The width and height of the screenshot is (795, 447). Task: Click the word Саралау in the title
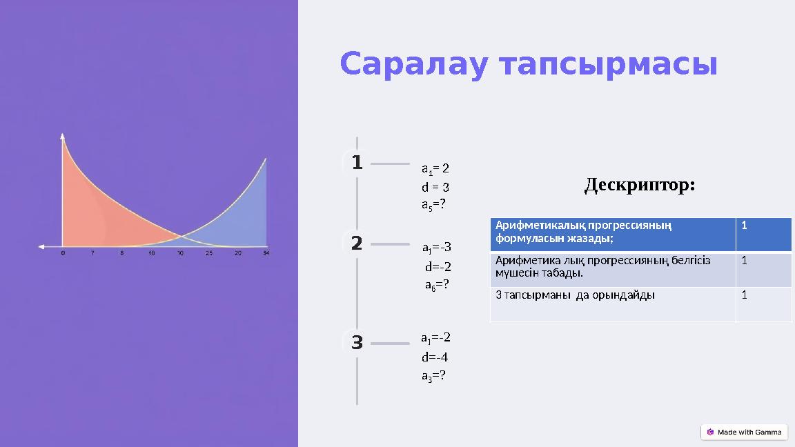414,65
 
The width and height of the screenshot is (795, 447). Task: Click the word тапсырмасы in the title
608,66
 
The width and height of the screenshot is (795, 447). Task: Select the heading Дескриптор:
639,185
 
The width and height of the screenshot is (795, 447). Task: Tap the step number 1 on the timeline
356,163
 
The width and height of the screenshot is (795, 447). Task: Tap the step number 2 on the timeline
356,244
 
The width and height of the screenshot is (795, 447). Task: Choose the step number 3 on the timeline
356,342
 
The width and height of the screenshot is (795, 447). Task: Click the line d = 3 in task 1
435,187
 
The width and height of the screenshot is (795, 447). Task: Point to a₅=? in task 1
433,205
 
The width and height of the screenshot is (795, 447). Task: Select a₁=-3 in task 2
436,247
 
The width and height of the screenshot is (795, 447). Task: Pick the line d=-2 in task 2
438,266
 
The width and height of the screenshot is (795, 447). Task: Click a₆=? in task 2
437,284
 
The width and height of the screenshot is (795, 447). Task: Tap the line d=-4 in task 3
435,357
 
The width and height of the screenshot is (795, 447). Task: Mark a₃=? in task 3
433,376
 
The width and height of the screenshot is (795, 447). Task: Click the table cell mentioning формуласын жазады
612,235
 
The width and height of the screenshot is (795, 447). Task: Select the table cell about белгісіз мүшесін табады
612,270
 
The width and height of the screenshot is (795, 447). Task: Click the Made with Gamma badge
744,433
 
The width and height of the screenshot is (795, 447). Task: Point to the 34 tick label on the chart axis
266,253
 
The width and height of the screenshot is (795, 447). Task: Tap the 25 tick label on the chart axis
208,253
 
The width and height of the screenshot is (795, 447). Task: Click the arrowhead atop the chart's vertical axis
63,135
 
